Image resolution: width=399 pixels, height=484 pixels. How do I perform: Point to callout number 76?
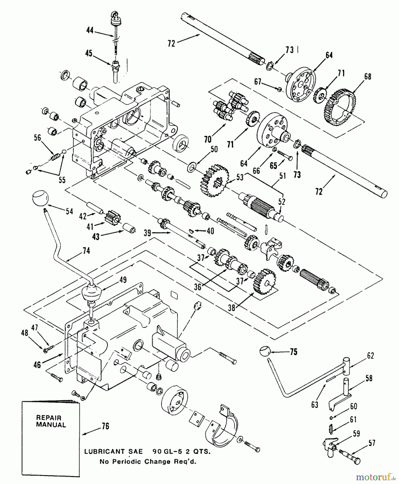point(105,426)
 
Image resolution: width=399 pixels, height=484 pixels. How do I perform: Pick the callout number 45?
point(89,54)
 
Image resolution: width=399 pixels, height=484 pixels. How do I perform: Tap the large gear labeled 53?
point(214,180)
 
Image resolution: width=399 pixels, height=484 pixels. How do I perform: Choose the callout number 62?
point(370,355)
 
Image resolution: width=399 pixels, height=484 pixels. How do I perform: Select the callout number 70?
point(208,139)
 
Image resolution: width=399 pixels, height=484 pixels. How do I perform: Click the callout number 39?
point(147,233)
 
